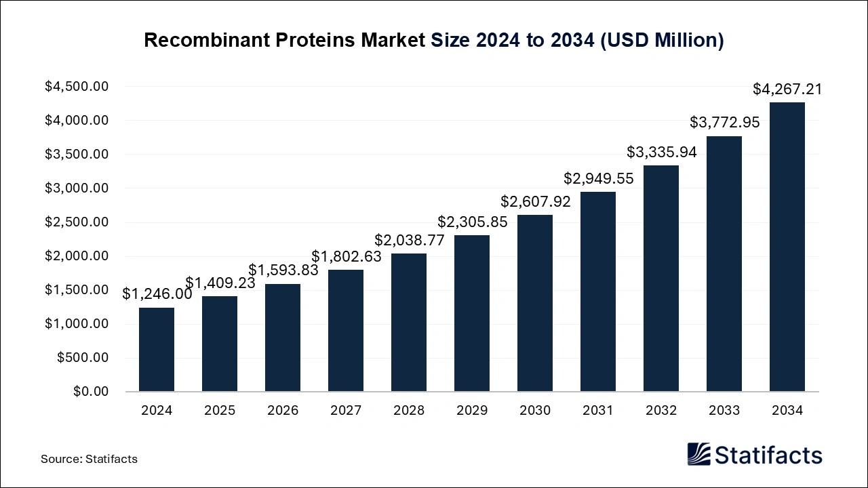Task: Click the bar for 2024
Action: (x=157, y=350)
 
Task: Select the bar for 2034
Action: (x=787, y=247)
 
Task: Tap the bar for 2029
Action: (x=472, y=313)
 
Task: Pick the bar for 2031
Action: (x=598, y=291)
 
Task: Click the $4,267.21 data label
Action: (x=787, y=89)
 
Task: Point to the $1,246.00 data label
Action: (x=157, y=294)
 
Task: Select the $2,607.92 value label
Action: (x=536, y=201)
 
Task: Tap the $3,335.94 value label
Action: (x=661, y=152)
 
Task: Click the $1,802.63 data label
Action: (x=346, y=256)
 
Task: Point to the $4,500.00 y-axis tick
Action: (x=77, y=87)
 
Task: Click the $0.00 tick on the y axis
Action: (x=91, y=392)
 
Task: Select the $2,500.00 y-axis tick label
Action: (x=77, y=222)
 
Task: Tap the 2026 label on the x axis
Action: (x=283, y=411)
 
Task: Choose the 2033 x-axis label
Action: (x=724, y=411)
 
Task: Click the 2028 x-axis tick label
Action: (x=409, y=411)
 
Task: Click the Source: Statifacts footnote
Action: (x=89, y=459)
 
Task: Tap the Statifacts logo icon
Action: (x=698, y=454)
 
